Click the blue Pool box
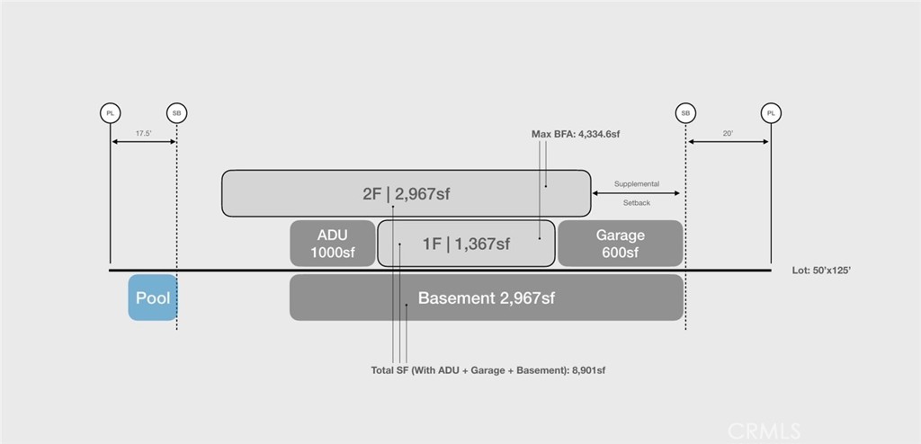click(153, 297)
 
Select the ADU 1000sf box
click(333, 244)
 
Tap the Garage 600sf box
click(621, 244)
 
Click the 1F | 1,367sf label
click(467, 244)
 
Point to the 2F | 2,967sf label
click(407, 194)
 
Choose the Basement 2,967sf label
click(487, 297)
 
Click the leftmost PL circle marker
click(111, 112)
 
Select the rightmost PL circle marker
click(771, 112)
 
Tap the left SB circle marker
click(177, 112)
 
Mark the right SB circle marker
click(685, 112)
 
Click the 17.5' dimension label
click(143, 133)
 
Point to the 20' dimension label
click(729, 133)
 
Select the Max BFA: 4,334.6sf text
click(576, 134)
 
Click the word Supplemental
click(637, 184)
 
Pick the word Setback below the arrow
click(637, 203)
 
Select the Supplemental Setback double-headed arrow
click(636, 193)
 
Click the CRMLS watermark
click(765, 431)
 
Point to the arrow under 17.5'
click(143, 141)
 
